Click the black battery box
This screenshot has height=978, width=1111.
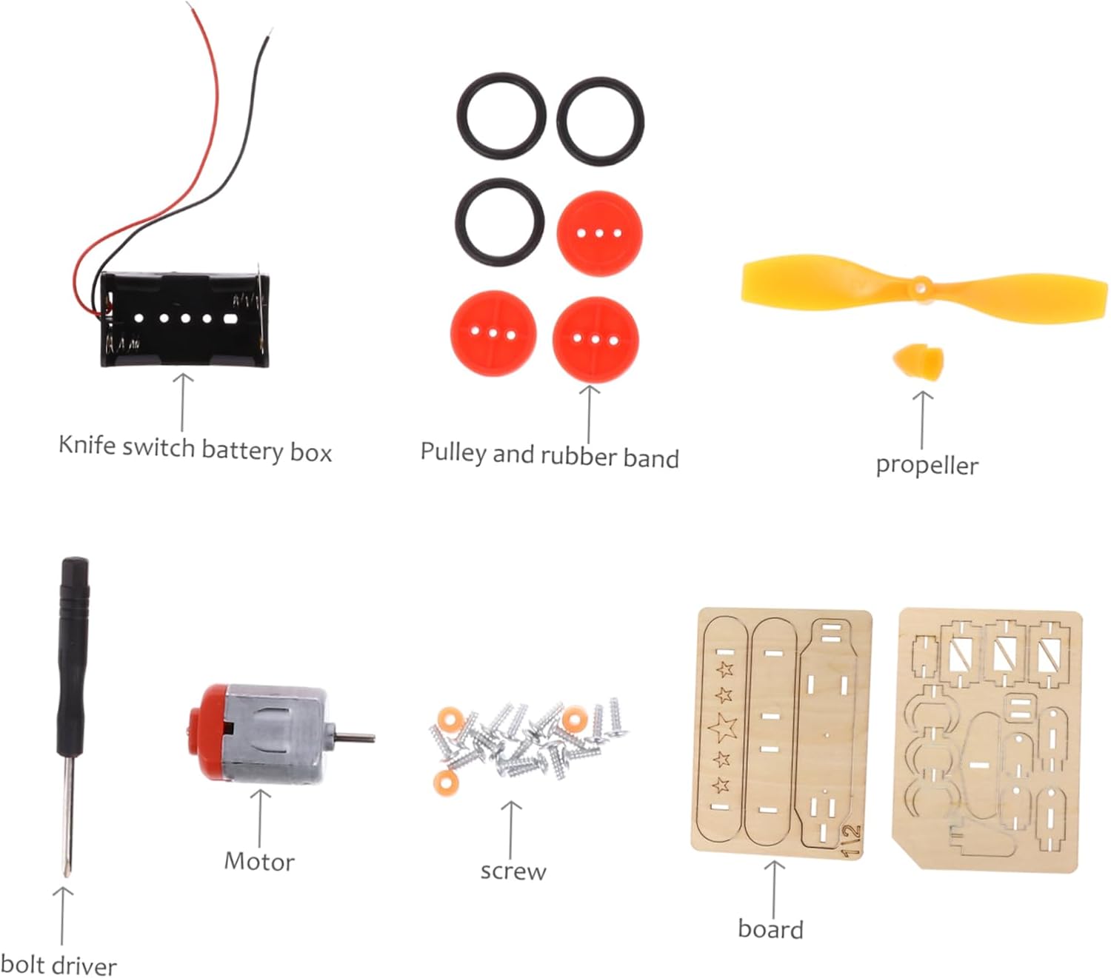[x=185, y=320]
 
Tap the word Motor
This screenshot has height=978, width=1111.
[x=259, y=862]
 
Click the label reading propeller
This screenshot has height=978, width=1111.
[x=927, y=466]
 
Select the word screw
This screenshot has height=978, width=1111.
[x=513, y=871]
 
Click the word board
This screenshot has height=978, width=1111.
[x=770, y=929]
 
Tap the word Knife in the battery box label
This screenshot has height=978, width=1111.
[x=87, y=446]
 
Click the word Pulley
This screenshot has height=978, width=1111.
[x=453, y=452]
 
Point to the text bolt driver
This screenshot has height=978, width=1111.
[x=59, y=965]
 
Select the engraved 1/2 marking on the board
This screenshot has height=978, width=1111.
[x=852, y=840]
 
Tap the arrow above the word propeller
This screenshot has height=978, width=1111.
[x=922, y=419]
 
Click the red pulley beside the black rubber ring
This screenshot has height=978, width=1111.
[x=599, y=234]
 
